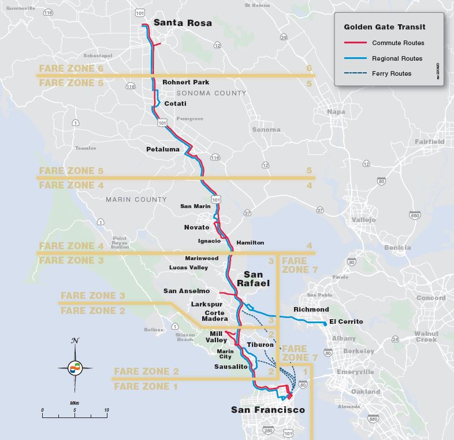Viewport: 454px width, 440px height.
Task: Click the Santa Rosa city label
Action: pyautogui.click(x=183, y=23)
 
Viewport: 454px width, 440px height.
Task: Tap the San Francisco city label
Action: pyautogui.click(x=267, y=410)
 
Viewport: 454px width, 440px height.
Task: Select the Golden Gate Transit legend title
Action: pyautogui.click(x=385, y=27)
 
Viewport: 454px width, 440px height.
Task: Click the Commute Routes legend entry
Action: pyautogui.click(x=398, y=43)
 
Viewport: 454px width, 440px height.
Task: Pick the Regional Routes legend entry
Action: pyautogui.click(x=397, y=58)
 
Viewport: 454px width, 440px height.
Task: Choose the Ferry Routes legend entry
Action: pyautogui.click(x=392, y=73)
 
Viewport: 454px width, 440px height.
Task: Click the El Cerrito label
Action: pyautogui.click(x=346, y=321)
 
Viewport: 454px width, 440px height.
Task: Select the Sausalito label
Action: pyautogui.click(x=230, y=367)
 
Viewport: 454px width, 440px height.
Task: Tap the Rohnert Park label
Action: pyautogui.click(x=181, y=82)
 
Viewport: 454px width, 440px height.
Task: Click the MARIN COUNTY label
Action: pyautogui.click(x=136, y=199)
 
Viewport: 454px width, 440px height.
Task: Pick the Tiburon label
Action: pyautogui.click(x=259, y=345)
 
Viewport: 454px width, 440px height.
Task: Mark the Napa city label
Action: pyautogui.click(x=336, y=112)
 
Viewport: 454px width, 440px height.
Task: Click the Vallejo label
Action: pyautogui.click(x=363, y=220)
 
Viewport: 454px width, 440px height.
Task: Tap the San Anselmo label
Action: pyautogui.click(x=187, y=291)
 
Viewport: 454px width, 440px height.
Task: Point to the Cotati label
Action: pyautogui.click(x=176, y=103)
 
